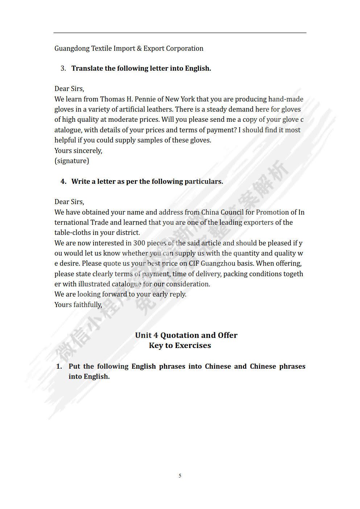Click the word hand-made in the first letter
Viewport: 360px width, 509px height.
[x=286, y=99]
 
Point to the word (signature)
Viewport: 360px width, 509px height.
[x=72, y=161]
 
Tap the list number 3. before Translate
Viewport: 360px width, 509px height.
[x=63, y=69]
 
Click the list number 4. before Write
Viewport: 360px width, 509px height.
[x=63, y=182]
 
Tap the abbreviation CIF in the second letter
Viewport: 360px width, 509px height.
[x=194, y=264]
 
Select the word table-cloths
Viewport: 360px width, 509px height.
[x=73, y=233]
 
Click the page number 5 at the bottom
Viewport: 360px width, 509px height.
[x=180, y=476]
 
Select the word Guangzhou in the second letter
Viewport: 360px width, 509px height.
[x=218, y=264]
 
